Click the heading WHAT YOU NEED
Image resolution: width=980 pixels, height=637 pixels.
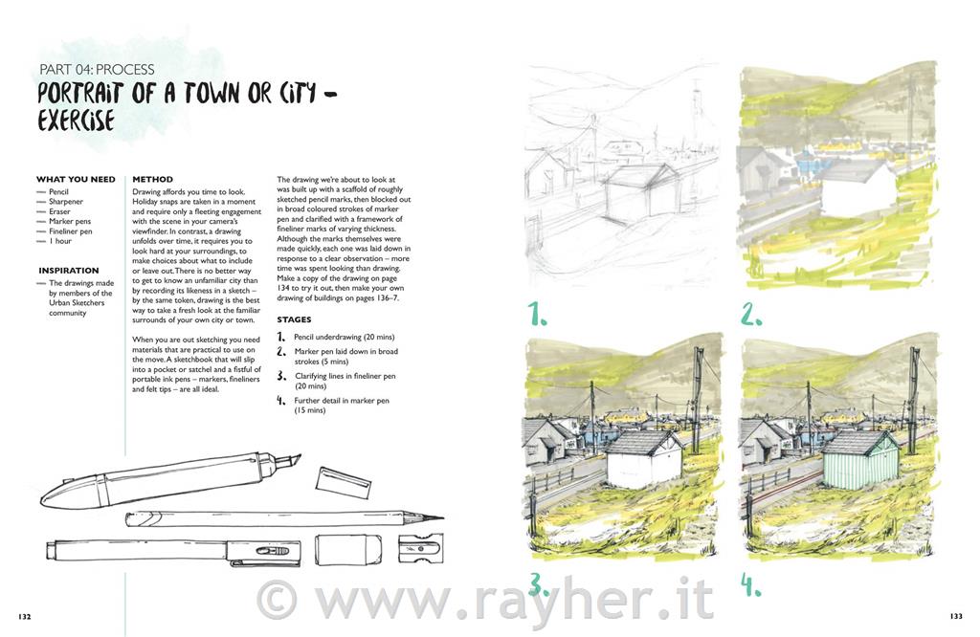click(x=76, y=179)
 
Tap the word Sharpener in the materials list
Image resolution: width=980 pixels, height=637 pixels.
click(x=66, y=202)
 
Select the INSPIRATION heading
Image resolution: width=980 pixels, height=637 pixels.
click(x=69, y=271)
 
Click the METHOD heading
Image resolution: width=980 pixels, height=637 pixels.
click(x=152, y=179)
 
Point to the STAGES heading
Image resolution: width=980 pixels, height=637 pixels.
click(x=294, y=319)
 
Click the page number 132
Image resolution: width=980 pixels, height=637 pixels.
click(x=24, y=616)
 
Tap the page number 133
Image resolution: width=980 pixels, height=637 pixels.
click(x=956, y=616)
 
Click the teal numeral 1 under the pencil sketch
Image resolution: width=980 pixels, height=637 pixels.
click(x=536, y=314)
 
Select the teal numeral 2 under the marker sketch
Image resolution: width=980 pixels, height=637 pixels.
click(x=751, y=314)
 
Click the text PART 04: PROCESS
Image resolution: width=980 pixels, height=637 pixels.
click(x=97, y=69)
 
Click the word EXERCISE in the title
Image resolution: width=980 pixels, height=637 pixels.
click(x=77, y=121)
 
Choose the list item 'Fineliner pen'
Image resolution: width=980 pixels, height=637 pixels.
click(x=71, y=231)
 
